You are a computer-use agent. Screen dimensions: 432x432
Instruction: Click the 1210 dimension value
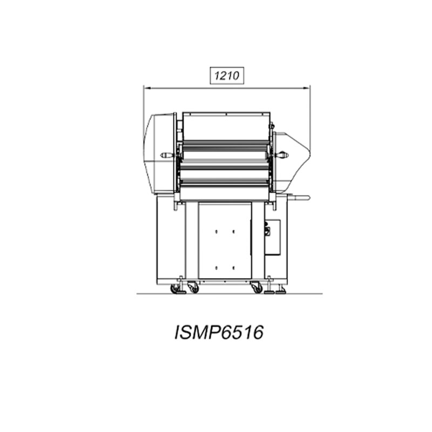(x=227, y=76)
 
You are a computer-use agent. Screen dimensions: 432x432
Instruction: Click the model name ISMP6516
(x=219, y=332)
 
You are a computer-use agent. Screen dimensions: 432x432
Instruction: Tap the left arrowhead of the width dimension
(x=147, y=88)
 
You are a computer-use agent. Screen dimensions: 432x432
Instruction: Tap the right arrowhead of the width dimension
(x=306, y=88)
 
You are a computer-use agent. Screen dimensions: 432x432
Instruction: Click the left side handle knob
(x=167, y=156)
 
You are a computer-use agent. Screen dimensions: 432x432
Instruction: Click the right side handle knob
(x=281, y=155)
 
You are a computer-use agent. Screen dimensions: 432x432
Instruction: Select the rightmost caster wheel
(x=257, y=287)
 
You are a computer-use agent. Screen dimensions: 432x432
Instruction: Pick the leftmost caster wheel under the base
(x=175, y=288)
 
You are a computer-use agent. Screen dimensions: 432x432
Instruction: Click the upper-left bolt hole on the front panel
(x=217, y=232)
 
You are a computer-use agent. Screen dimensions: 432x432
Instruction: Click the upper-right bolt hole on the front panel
(x=233, y=232)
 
